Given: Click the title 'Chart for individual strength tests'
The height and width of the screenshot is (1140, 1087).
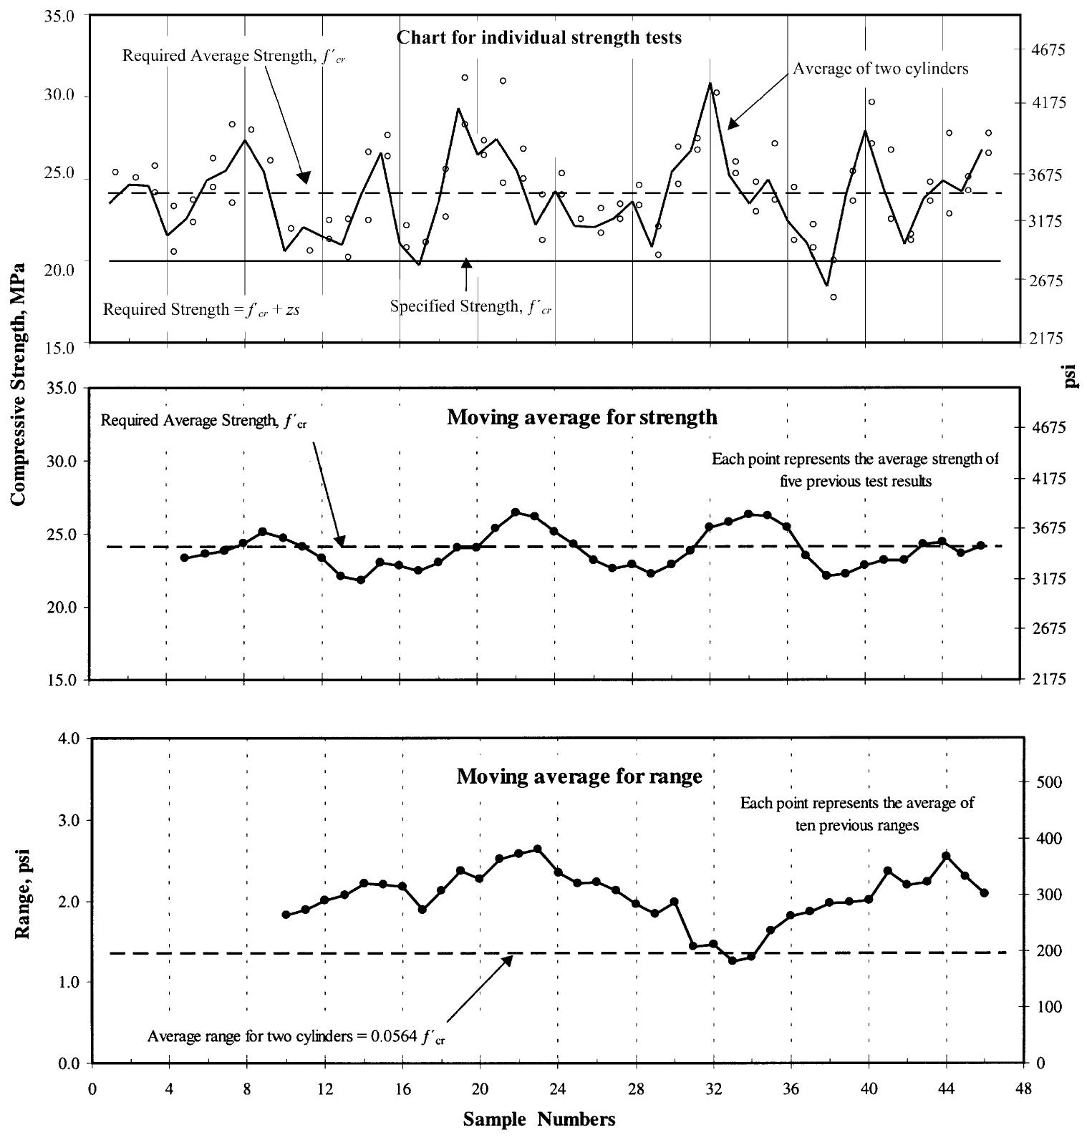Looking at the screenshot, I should [x=538, y=37].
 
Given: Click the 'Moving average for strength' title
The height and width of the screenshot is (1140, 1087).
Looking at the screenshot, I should [x=581, y=417].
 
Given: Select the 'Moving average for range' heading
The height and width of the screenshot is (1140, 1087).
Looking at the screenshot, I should [x=579, y=776].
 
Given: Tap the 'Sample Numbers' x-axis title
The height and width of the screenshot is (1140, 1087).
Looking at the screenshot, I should [x=538, y=1119].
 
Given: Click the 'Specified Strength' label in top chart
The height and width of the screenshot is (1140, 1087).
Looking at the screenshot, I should [x=470, y=307].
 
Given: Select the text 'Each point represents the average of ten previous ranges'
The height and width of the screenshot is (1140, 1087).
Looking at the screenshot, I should [x=856, y=814].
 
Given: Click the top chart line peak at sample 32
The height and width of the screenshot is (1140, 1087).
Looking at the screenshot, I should [x=710, y=84].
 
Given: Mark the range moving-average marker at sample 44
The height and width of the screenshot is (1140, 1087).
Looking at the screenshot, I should [x=946, y=856].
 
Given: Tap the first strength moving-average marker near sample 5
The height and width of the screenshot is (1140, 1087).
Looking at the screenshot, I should [x=184, y=557].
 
